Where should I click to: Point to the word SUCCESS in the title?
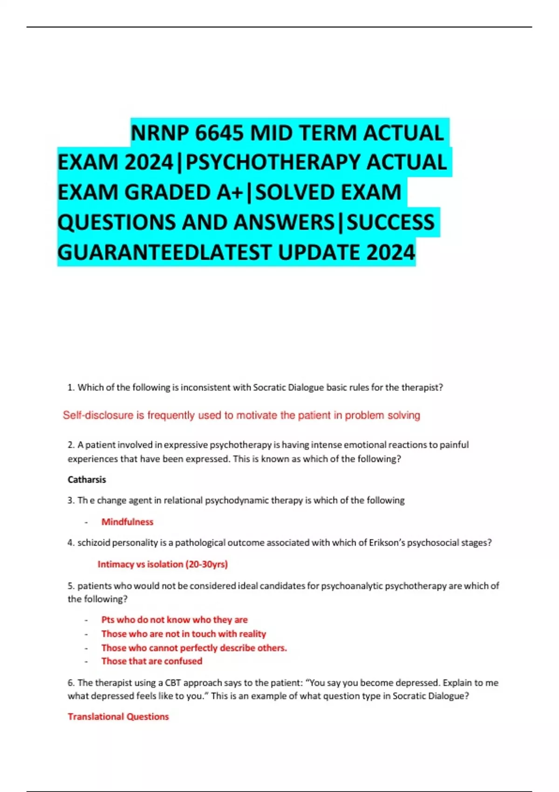[390, 222]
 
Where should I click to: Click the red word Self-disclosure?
[98, 415]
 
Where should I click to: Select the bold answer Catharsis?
[87, 479]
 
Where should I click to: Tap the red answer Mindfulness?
[127, 522]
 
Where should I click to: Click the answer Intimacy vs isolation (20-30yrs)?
[163, 564]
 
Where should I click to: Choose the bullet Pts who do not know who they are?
[174, 620]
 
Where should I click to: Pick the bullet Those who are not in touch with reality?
[184, 634]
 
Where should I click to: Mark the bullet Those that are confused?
[152, 661]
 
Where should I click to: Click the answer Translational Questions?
[118, 717]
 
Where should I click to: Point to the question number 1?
[70, 387]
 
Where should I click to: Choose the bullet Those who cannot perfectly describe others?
[194, 648]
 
